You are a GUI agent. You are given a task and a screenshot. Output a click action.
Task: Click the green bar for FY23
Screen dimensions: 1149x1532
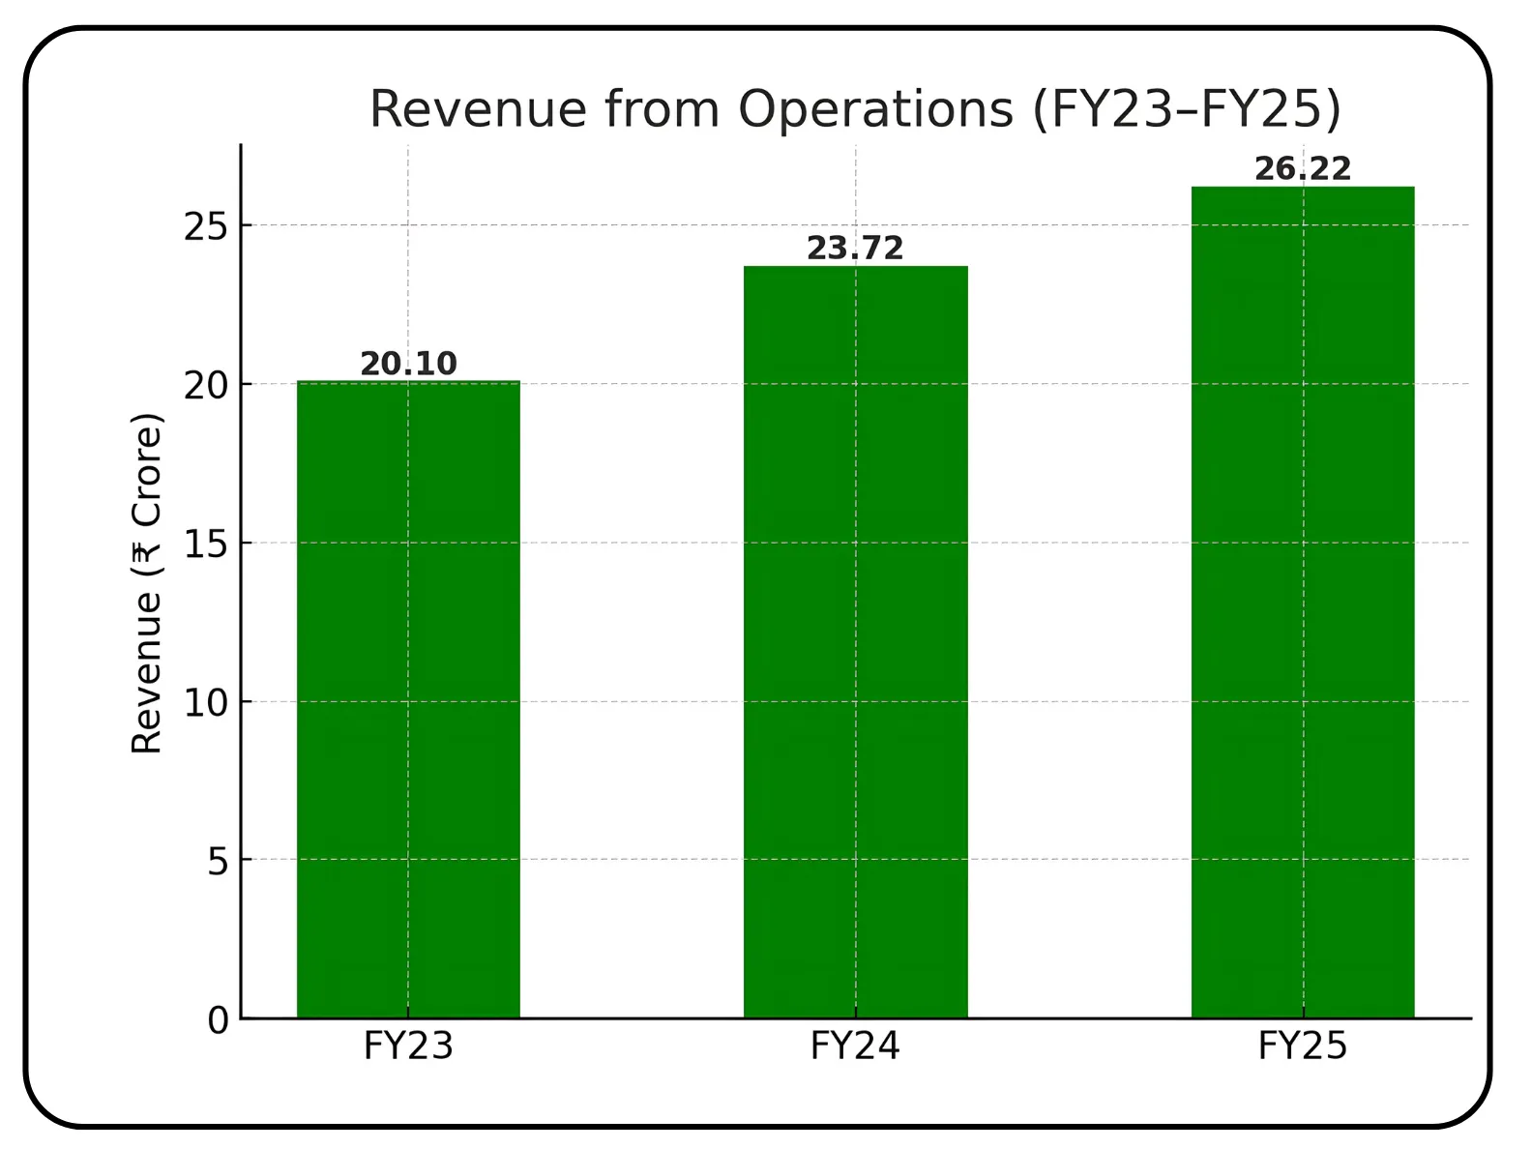tap(407, 699)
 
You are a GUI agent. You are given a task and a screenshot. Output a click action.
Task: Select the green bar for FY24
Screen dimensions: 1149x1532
tap(855, 641)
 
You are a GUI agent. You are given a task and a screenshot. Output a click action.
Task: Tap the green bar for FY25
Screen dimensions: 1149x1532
tap(1302, 602)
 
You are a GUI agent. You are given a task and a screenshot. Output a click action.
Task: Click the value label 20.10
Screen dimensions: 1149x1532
tap(408, 364)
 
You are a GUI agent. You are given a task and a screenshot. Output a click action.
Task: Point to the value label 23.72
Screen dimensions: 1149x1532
tap(855, 249)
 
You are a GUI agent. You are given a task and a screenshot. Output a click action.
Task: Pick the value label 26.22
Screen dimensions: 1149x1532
tap(1302, 169)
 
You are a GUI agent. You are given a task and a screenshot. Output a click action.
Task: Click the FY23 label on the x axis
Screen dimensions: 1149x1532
tap(408, 1046)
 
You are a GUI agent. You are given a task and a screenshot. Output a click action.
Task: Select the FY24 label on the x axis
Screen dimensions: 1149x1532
tap(855, 1046)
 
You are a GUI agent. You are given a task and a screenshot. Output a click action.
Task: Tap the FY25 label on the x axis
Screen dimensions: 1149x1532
tap(1302, 1046)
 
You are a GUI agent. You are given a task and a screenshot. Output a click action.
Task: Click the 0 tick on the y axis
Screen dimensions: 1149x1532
tap(219, 1020)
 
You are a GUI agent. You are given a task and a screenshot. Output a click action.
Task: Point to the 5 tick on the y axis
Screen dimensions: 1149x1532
tap(219, 861)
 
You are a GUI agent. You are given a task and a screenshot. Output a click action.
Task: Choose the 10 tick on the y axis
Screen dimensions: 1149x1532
tap(206, 702)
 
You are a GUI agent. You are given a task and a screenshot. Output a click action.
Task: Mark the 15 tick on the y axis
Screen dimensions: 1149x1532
tap(206, 544)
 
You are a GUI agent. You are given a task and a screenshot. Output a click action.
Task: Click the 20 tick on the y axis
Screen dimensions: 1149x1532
tap(206, 385)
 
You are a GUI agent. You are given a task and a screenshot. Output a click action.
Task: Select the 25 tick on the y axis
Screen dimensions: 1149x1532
tap(206, 226)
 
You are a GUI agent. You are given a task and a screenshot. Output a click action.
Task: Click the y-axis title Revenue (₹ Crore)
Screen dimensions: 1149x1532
tap(147, 583)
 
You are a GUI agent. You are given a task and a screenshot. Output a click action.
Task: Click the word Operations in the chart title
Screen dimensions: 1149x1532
tap(875, 108)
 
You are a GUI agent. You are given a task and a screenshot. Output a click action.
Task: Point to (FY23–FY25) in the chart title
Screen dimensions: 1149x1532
tap(1187, 108)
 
